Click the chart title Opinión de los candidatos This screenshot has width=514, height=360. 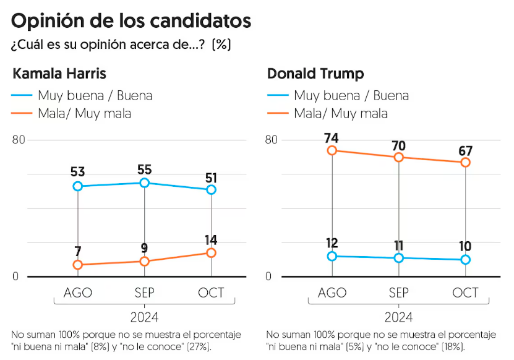(x=131, y=21)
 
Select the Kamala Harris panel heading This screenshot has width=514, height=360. (x=59, y=74)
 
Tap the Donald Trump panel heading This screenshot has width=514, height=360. (x=315, y=74)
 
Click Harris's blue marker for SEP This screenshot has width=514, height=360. (x=145, y=183)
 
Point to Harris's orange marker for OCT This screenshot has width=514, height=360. (x=212, y=252)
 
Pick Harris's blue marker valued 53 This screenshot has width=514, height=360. (x=78, y=186)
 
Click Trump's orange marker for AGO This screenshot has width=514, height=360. (x=332, y=150)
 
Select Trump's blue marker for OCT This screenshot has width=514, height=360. (x=466, y=260)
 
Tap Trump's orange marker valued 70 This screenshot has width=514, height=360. (x=399, y=157)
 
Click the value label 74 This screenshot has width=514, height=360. (x=332, y=137)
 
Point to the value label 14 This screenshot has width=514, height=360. (x=212, y=240)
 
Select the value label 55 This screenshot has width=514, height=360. (x=145, y=169)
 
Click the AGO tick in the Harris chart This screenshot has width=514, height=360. (x=78, y=293)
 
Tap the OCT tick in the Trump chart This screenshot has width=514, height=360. (x=466, y=293)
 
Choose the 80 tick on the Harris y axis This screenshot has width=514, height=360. (x=19, y=140)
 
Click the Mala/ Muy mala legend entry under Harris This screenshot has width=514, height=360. (x=84, y=113)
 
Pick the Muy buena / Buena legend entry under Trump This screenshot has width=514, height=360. (x=351, y=95)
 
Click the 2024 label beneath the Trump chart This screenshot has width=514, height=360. (x=398, y=318)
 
